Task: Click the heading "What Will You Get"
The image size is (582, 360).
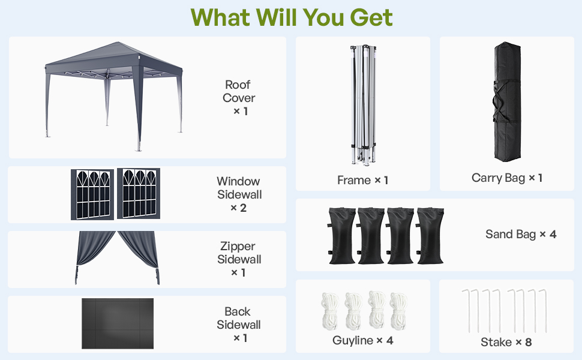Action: coord(292,17)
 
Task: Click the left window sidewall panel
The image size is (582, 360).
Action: coord(92,194)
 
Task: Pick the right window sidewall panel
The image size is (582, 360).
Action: coord(138,194)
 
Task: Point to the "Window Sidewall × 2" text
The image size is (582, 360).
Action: coord(239,194)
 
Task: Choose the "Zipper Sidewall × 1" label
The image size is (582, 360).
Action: coord(239,259)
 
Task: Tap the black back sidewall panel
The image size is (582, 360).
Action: coord(118,323)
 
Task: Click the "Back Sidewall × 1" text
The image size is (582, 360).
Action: coord(239,325)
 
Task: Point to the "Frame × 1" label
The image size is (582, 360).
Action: coord(362,180)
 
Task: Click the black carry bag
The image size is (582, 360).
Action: coord(507,102)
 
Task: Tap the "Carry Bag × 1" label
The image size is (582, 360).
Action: coord(507,178)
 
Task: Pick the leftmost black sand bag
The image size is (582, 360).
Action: coord(341,236)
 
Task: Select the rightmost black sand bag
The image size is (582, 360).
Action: coord(430,236)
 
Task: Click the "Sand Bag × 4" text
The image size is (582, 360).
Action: coord(521,234)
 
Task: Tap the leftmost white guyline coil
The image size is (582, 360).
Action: coord(330,309)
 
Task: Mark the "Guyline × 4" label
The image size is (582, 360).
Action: coord(362,341)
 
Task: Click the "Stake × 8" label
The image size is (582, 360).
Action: coord(506,342)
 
